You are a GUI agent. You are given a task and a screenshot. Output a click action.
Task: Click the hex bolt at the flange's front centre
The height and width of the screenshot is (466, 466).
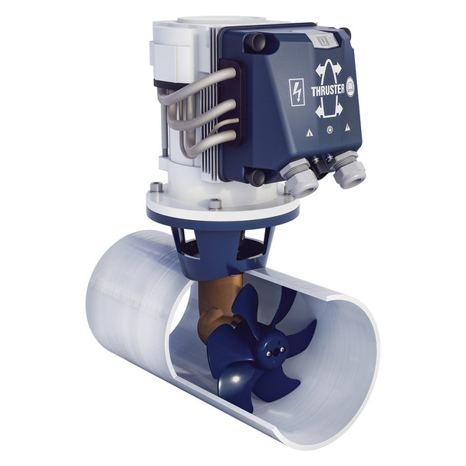pyautogui.click(x=215, y=204)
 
